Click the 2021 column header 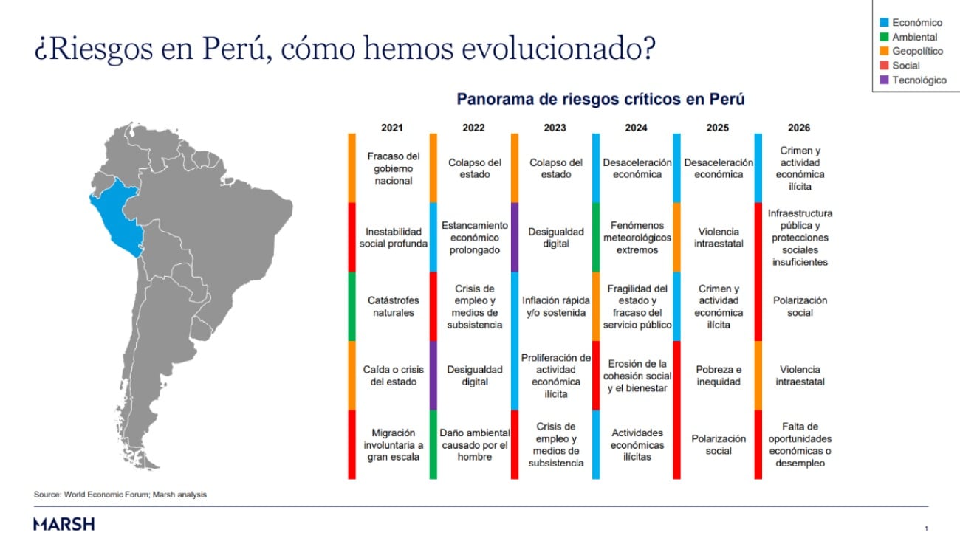tap(392, 128)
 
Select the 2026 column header tap(798, 128)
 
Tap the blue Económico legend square tap(883, 23)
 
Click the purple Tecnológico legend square tap(883, 80)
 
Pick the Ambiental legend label tap(914, 37)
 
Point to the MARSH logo tap(64, 524)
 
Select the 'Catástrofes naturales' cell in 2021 tap(392, 306)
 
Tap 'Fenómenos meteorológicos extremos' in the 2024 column tap(637, 238)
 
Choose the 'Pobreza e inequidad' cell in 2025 tap(718, 376)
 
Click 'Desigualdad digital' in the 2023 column tap(555, 238)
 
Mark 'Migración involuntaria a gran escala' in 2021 tap(392, 444)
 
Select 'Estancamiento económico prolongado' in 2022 tap(474, 238)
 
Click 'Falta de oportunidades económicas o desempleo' tap(800, 444)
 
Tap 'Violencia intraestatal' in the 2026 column tap(800, 376)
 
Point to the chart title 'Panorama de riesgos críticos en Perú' tap(600, 99)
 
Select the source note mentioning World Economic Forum tap(120, 495)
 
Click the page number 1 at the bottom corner tap(926, 528)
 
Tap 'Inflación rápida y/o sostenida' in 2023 tap(555, 306)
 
